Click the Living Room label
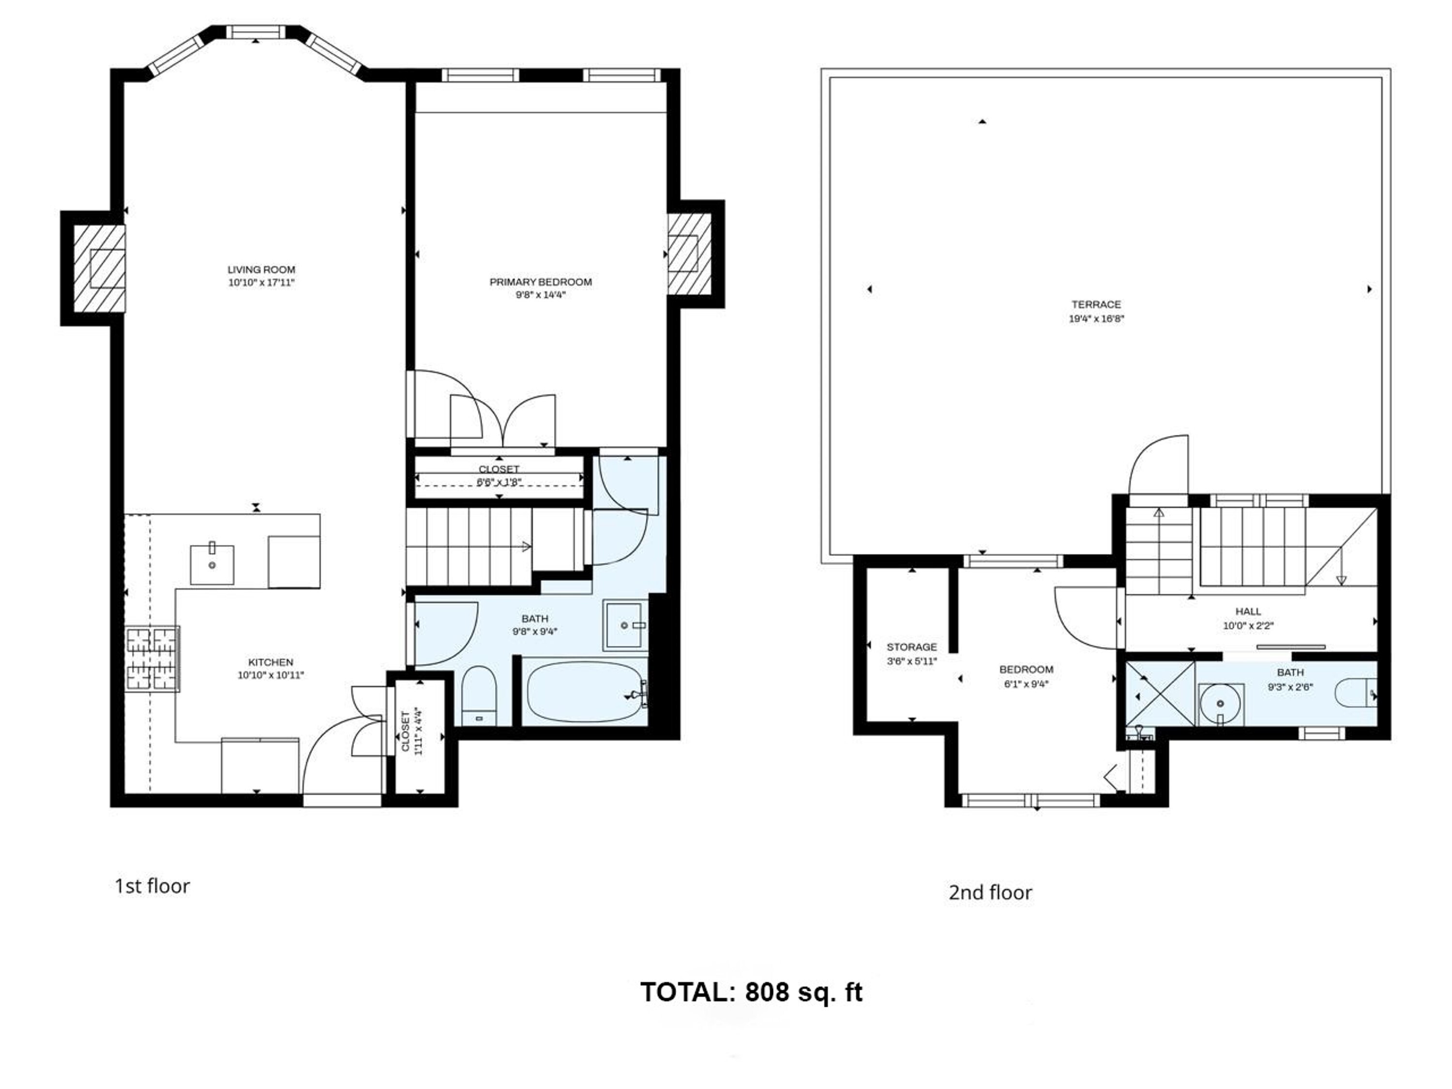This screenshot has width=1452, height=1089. [261, 270]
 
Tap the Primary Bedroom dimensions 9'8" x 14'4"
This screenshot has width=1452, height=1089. [540, 295]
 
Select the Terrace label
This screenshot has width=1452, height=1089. [1096, 304]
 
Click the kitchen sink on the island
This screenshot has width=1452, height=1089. [212, 564]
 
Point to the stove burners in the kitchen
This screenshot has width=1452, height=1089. [152, 659]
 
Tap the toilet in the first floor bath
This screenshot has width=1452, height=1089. [479, 696]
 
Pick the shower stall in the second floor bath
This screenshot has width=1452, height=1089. [1160, 695]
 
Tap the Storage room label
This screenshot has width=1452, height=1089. [912, 647]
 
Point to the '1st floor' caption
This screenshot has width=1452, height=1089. [152, 886]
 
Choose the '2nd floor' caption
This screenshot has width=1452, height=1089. [990, 892]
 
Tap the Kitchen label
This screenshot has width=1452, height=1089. [271, 662]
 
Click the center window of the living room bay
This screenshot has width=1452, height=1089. [256, 32]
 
